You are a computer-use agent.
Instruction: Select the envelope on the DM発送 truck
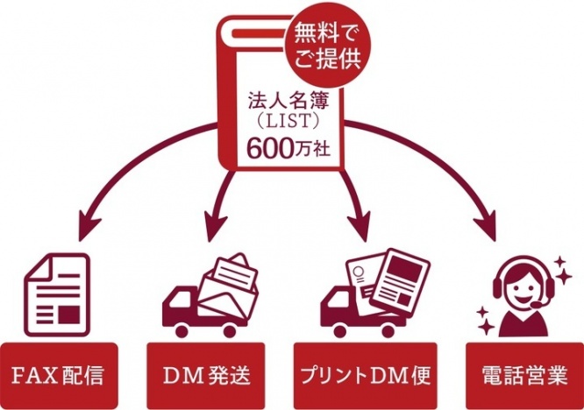[231, 282]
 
